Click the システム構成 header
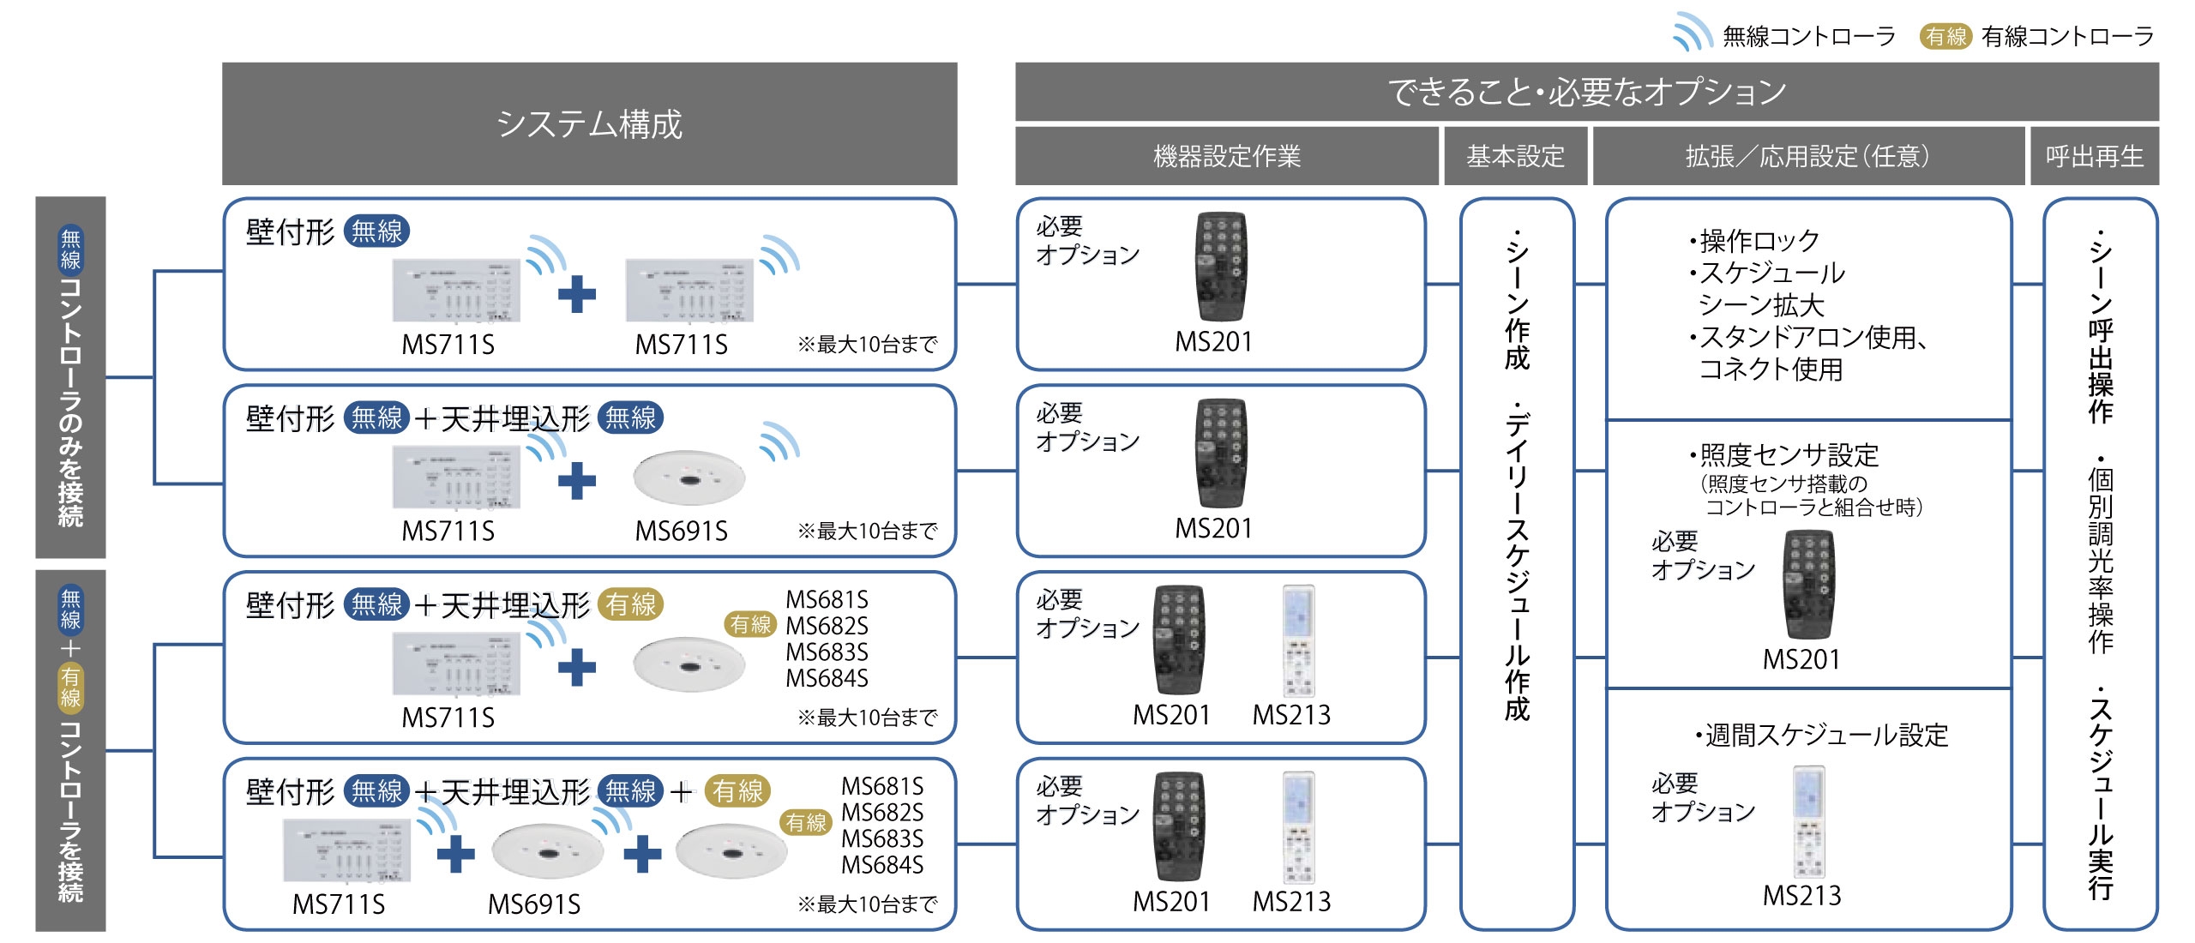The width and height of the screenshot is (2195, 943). click(x=589, y=123)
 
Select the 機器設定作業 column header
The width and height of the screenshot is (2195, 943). click(x=1226, y=156)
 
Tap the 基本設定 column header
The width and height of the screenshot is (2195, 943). click(x=1515, y=156)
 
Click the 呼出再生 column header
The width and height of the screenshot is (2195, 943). click(x=2094, y=156)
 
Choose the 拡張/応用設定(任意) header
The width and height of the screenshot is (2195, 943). click(x=1807, y=156)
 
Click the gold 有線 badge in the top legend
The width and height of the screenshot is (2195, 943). click(x=1945, y=36)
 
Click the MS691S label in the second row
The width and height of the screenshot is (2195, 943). click(x=681, y=532)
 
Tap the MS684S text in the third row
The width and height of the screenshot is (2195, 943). click(x=827, y=678)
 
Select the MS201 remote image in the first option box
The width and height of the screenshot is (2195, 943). click(x=1221, y=267)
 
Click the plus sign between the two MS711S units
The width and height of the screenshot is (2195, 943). click(x=576, y=294)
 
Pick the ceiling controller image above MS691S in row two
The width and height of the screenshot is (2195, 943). click(x=689, y=477)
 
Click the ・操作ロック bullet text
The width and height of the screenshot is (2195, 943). click(x=1753, y=240)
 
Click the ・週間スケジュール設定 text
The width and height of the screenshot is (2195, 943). click(x=1821, y=735)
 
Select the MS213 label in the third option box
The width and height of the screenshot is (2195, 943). click(x=1291, y=715)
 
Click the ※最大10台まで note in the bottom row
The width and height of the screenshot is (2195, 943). click(x=867, y=904)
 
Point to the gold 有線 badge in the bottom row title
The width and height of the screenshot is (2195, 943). click(x=737, y=790)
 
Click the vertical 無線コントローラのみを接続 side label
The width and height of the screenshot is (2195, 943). click(x=70, y=377)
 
